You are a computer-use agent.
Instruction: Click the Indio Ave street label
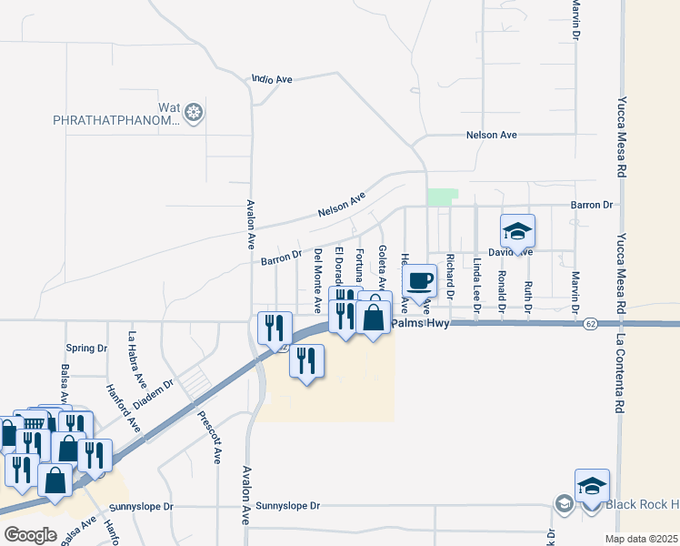(x=272, y=80)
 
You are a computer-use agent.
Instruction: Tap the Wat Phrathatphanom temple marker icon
(x=193, y=113)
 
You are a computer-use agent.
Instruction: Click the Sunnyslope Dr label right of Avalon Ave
(x=288, y=505)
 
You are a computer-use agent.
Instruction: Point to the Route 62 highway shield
(x=591, y=323)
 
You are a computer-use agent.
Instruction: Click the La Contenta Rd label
(x=622, y=373)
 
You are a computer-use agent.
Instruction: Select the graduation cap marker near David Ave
(x=517, y=230)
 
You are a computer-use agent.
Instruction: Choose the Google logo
(x=30, y=535)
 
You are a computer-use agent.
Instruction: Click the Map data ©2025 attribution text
(x=641, y=539)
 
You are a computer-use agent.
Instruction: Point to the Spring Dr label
(x=86, y=349)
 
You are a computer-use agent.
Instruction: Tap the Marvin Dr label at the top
(x=575, y=18)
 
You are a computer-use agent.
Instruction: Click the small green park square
(x=443, y=197)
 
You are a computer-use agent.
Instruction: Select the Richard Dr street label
(x=450, y=277)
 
